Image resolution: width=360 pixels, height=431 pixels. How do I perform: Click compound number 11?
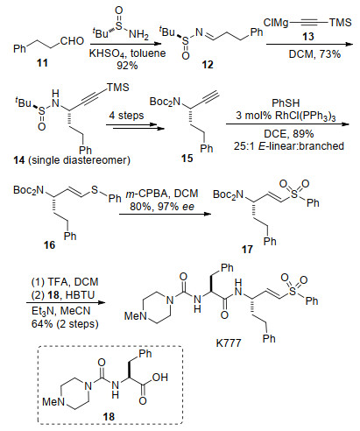click(42, 63)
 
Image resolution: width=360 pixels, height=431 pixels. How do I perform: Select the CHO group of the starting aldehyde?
click(72, 41)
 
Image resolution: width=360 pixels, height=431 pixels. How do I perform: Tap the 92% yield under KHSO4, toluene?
click(127, 66)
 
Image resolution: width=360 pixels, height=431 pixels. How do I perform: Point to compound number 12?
click(208, 64)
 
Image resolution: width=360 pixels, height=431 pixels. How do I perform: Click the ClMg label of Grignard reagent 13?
click(276, 23)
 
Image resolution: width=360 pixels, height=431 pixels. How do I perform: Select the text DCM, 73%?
click(314, 54)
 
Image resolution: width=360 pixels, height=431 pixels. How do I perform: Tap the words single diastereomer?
click(79, 160)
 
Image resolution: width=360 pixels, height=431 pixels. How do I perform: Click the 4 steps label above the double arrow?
click(126, 116)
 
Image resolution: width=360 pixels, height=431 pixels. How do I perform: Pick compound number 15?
click(187, 159)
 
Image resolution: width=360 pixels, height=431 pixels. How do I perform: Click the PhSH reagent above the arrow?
click(286, 103)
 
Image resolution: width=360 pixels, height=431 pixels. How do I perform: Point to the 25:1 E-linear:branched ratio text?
click(289, 146)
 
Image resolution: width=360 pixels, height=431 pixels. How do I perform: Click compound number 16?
click(49, 244)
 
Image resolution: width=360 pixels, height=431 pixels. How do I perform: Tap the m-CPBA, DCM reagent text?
click(162, 194)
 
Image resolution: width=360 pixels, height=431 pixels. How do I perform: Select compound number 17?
click(247, 250)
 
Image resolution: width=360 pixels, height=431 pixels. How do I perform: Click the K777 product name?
click(229, 343)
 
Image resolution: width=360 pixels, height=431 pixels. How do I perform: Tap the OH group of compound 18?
click(160, 378)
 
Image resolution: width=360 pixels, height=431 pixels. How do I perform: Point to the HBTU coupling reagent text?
click(81, 295)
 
